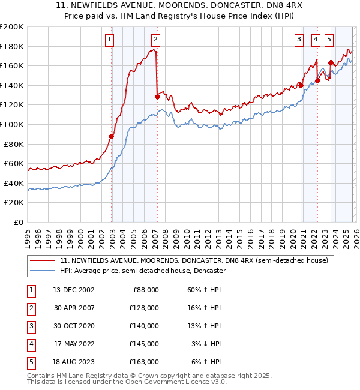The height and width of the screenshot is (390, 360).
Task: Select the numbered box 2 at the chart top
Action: (x=155, y=40)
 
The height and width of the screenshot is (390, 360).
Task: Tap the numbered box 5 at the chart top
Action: (x=329, y=40)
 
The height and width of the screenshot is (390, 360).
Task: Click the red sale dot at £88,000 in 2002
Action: (x=112, y=136)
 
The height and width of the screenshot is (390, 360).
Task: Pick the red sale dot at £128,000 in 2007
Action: (x=157, y=97)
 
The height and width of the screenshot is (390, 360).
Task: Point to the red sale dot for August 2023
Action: (x=331, y=62)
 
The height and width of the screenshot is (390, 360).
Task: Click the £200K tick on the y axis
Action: (x=12, y=27)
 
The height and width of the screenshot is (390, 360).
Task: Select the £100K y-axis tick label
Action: (x=12, y=124)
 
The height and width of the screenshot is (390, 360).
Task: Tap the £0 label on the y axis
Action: (x=17, y=222)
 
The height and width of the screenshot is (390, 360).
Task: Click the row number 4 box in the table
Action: (x=31, y=344)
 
